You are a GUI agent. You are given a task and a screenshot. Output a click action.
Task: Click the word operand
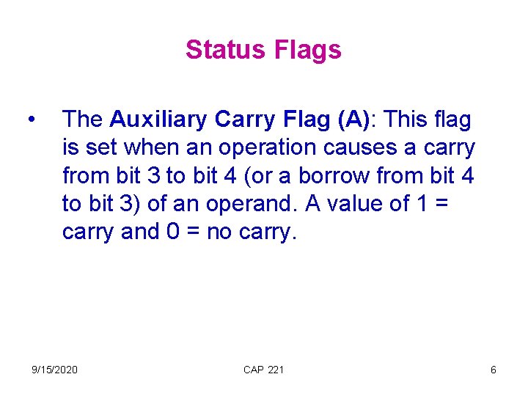[238, 204]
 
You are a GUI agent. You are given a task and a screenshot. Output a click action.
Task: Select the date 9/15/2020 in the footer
[54, 370]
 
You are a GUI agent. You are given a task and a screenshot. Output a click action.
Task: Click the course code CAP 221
[263, 370]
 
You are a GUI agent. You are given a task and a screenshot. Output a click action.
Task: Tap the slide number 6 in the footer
[493, 370]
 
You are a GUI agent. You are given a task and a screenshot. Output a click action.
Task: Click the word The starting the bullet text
[83, 119]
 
